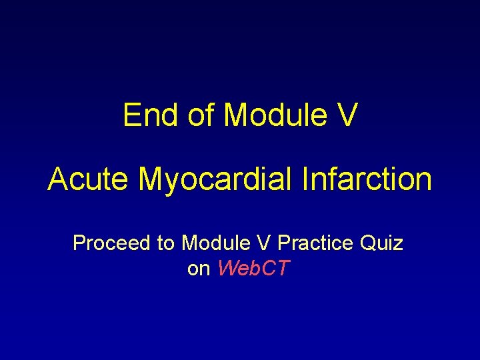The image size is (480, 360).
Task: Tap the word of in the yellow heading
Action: point(201,115)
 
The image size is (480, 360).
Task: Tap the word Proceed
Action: point(111,243)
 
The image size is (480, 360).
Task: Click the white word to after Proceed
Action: point(165,243)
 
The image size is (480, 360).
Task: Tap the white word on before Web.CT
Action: point(199,269)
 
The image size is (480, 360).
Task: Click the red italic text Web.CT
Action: point(254,269)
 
